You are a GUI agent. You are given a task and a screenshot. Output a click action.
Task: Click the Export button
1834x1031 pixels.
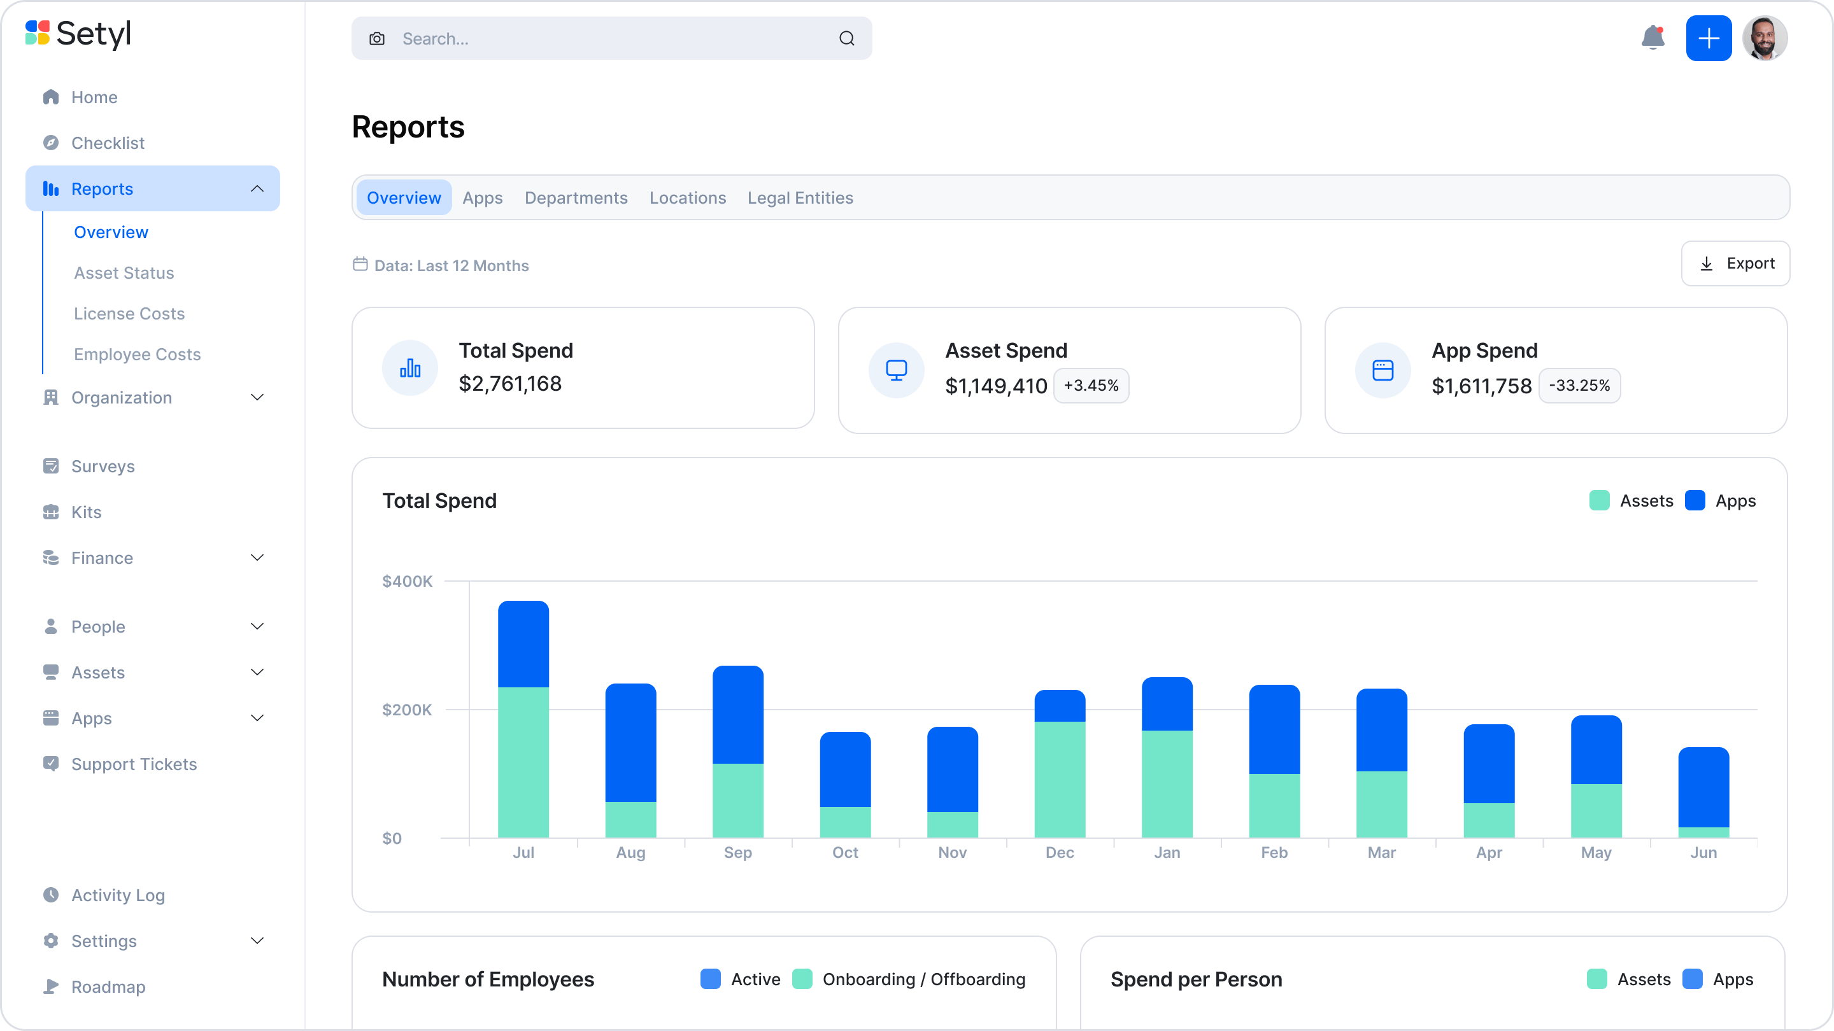click(1735, 264)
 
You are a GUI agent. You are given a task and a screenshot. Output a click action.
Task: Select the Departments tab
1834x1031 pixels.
click(575, 198)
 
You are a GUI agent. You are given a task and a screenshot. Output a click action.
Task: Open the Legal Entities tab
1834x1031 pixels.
click(800, 198)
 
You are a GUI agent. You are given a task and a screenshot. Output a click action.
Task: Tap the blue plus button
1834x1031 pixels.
click(1708, 38)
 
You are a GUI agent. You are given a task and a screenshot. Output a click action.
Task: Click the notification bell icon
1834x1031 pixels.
click(1653, 38)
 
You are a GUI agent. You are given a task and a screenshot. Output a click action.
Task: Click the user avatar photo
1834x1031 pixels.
click(1764, 38)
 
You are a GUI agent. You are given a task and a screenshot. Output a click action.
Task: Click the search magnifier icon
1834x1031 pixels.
click(846, 38)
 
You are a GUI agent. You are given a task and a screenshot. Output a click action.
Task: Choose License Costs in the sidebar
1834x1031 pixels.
click(129, 314)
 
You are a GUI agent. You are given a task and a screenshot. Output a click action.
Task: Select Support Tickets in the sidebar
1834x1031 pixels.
click(134, 764)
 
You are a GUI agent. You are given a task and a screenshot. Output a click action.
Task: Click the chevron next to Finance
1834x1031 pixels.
click(257, 558)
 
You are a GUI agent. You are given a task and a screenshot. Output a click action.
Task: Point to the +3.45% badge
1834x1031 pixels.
click(1091, 386)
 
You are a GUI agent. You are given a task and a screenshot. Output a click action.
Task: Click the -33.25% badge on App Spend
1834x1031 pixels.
click(1579, 386)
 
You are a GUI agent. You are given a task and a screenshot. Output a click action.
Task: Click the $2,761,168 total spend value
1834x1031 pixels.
click(509, 384)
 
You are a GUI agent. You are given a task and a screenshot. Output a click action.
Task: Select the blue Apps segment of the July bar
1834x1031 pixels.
click(523, 644)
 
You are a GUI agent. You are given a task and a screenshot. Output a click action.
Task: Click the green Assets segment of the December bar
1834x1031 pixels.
click(1060, 779)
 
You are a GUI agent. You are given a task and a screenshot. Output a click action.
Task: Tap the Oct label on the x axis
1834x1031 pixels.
click(845, 852)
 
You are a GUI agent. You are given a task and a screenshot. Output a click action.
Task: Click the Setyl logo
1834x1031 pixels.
click(78, 34)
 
